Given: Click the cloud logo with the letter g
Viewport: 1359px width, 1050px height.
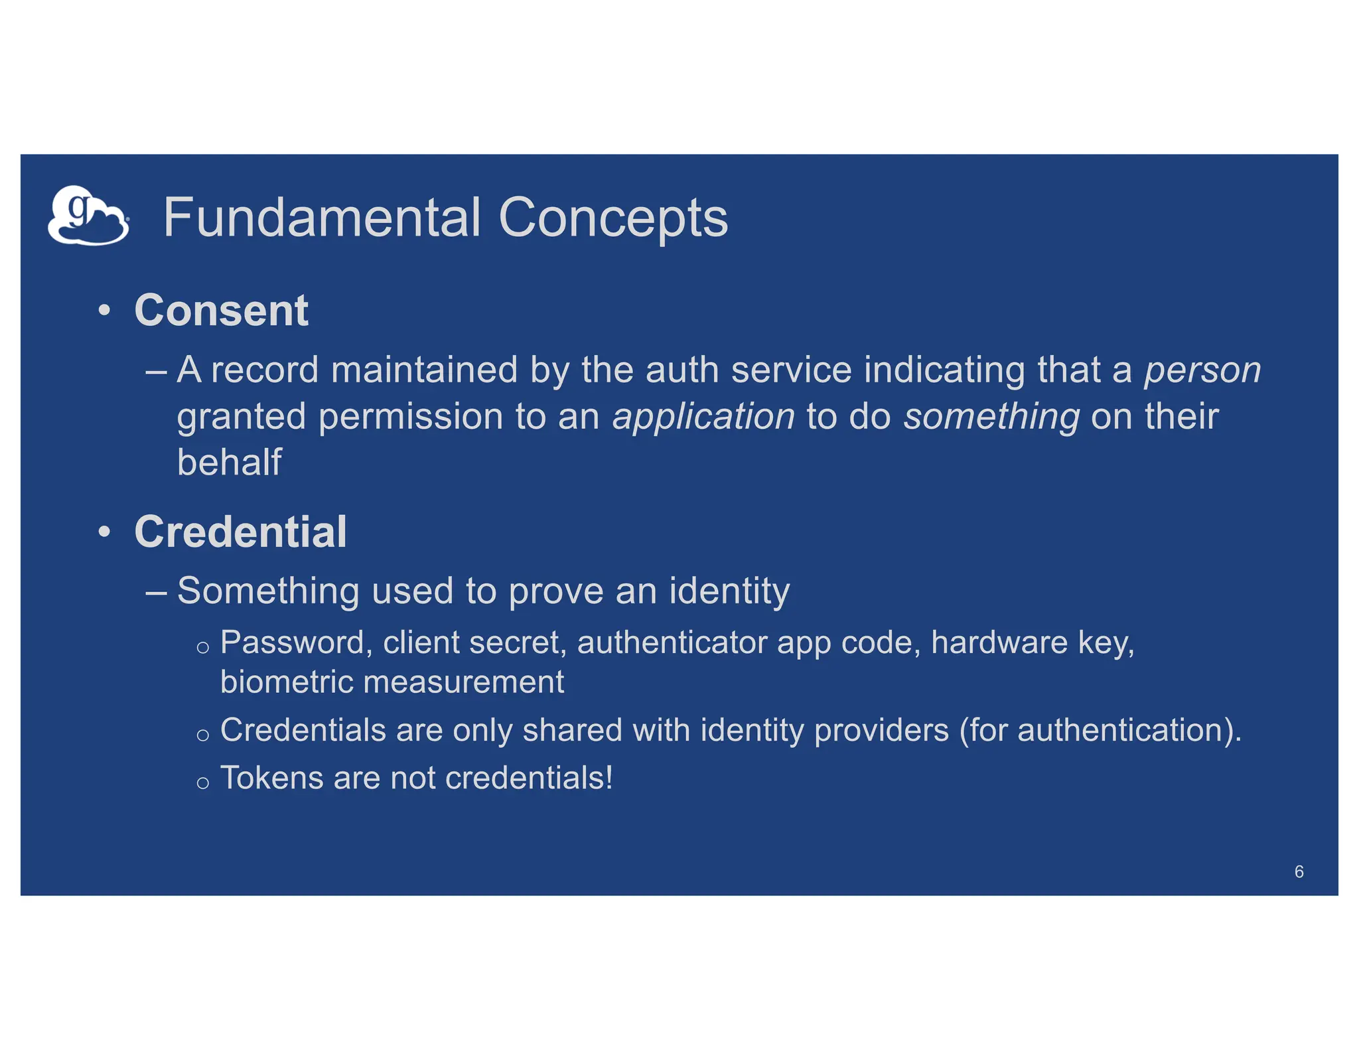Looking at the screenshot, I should point(88,216).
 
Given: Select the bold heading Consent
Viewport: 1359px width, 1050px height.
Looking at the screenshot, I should point(221,310).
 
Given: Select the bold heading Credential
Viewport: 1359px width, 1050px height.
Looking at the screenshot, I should point(240,532).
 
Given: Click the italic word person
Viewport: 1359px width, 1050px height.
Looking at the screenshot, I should point(1202,370).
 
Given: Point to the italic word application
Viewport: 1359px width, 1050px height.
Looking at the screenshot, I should point(703,417).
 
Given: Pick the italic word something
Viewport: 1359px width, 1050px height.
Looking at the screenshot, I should point(991,417).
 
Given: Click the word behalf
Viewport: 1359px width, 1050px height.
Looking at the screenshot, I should point(230,462).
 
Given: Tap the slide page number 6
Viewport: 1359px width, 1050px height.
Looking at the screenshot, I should point(1299,871).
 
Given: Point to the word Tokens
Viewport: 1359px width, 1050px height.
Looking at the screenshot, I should point(271,778).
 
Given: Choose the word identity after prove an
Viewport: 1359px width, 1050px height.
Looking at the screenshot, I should point(729,591).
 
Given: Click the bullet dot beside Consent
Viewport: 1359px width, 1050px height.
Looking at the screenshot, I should point(104,310).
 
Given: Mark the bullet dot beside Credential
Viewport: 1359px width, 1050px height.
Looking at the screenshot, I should point(104,532).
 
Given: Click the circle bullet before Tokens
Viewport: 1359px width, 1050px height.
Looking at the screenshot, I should point(203,783).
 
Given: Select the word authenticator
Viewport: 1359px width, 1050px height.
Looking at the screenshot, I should point(672,642).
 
